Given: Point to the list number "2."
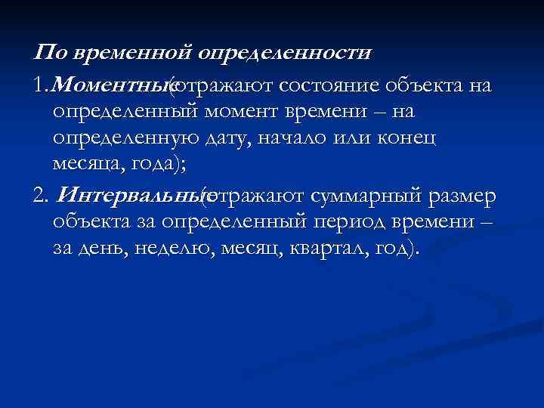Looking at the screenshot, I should [x=42, y=197].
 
